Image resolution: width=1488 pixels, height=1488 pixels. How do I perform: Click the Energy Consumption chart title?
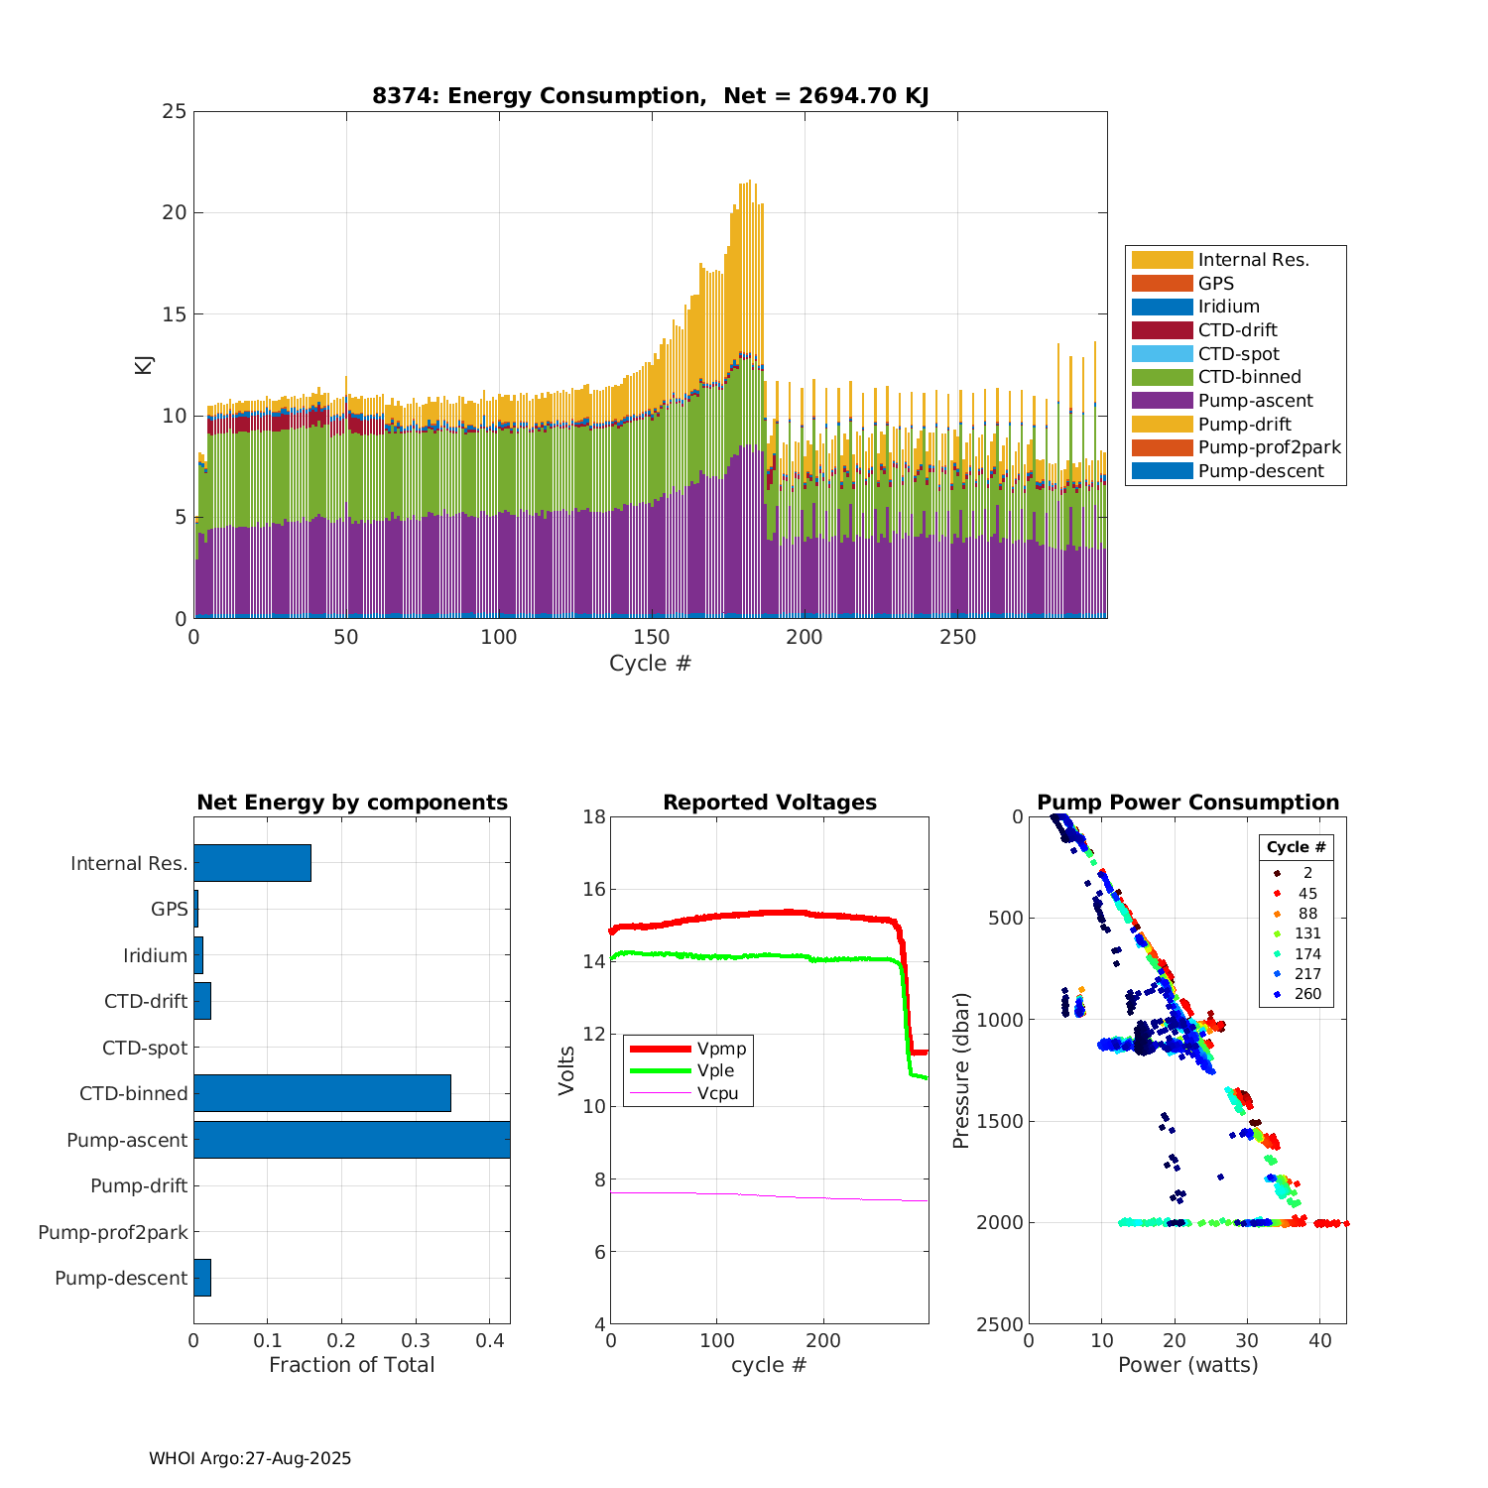pyautogui.click(x=650, y=96)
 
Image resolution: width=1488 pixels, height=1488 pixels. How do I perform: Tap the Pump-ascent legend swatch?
pyautogui.click(x=1162, y=401)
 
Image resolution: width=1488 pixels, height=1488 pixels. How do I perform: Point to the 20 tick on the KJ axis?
pyautogui.click(x=176, y=212)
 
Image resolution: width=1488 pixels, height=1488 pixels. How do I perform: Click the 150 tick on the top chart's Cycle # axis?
pyautogui.click(x=652, y=638)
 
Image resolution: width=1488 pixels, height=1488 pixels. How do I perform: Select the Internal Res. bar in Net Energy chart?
pyautogui.click(x=252, y=863)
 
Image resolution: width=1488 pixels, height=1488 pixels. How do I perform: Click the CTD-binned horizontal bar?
pyautogui.click(x=321, y=1093)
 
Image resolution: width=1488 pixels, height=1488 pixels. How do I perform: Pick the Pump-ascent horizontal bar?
pyautogui.click(x=351, y=1140)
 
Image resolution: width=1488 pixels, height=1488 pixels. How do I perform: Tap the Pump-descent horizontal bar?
pyautogui.click(x=202, y=1278)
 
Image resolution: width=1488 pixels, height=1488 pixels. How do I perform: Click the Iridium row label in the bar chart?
pyautogui.click(x=155, y=955)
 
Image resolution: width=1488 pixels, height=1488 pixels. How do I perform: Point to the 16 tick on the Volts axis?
pyautogui.click(x=594, y=889)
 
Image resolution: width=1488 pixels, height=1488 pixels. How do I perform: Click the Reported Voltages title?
pyautogui.click(x=770, y=803)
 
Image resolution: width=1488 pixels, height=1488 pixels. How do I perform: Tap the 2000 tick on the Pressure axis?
pyautogui.click(x=1002, y=1222)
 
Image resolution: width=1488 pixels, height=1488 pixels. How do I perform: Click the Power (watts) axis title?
pyautogui.click(x=1187, y=1365)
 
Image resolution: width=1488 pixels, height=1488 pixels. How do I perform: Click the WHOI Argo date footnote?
pyautogui.click(x=250, y=1458)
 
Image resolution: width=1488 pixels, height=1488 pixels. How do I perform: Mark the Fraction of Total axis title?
pyautogui.click(x=351, y=1365)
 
